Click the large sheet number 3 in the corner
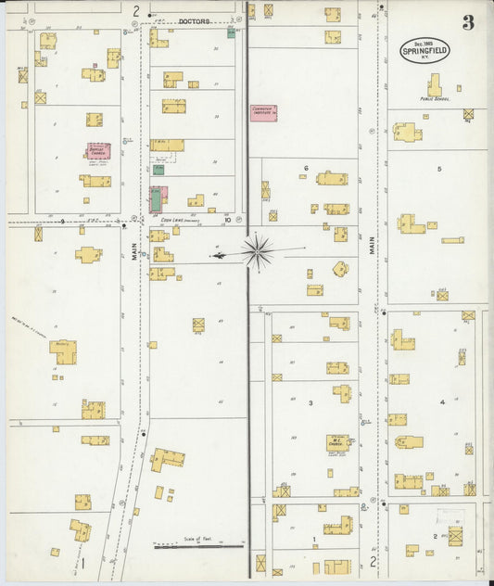click(x=468, y=23)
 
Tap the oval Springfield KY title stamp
click(x=425, y=49)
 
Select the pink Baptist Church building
click(x=98, y=150)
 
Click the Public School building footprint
click(x=434, y=85)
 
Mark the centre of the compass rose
click(x=257, y=250)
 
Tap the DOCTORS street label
click(x=195, y=19)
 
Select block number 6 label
click(x=305, y=168)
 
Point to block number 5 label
click(x=439, y=168)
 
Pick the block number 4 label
click(x=442, y=401)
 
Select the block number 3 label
click(x=310, y=402)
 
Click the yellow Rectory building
click(x=63, y=351)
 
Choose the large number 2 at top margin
click(x=136, y=11)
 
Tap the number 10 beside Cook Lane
click(x=226, y=220)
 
